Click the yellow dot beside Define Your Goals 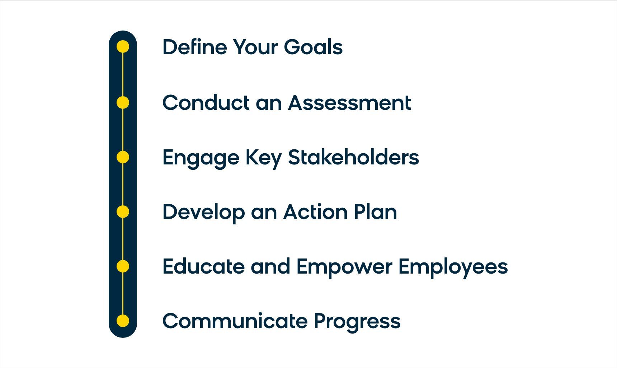coord(123,47)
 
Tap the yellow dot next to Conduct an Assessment coord(123,103)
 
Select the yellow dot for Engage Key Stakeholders coord(123,157)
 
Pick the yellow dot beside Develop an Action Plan coord(123,212)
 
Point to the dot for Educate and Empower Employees coord(123,266)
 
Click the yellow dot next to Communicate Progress coord(123,321)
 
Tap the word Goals coord(313,47)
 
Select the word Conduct coord(206,103)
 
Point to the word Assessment coord(349,103)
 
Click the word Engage coord(201,158)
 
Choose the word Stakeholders coord(353,158)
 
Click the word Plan coord(375,212)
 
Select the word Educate coord(203,267)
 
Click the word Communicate coord(235,321)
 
